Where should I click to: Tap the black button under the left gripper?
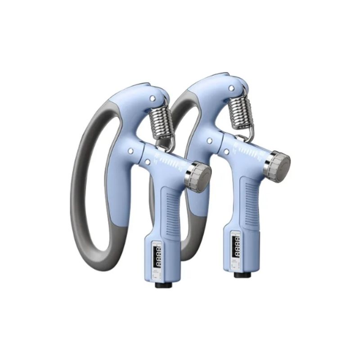tap(160, 284)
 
